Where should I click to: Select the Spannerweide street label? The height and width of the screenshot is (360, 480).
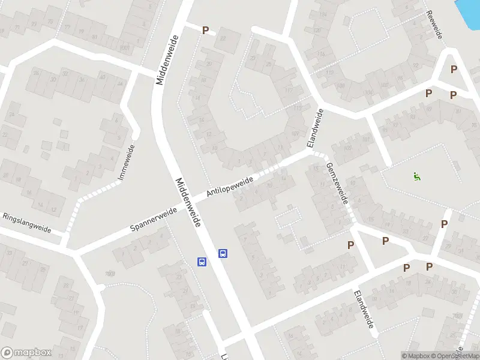pos(154,220)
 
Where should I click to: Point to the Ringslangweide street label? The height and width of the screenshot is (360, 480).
pos(27,223)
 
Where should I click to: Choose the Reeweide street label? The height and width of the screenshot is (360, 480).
pos(434,25)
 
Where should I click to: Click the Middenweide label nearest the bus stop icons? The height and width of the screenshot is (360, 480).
pos(188,202)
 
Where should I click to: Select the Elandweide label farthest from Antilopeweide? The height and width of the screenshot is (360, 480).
pos(364,309)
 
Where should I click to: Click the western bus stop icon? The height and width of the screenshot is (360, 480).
pos(202,262)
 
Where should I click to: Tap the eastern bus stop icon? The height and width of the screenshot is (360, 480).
pos(223,253)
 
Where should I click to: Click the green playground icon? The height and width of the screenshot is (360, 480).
pos(416,176)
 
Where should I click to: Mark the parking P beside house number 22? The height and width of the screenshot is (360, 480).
pos(206,30)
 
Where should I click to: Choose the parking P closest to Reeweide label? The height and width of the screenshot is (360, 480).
pos(454,69)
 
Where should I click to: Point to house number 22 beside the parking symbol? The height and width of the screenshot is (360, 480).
pos(223,38)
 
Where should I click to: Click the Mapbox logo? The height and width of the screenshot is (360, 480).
pos(26,353)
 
